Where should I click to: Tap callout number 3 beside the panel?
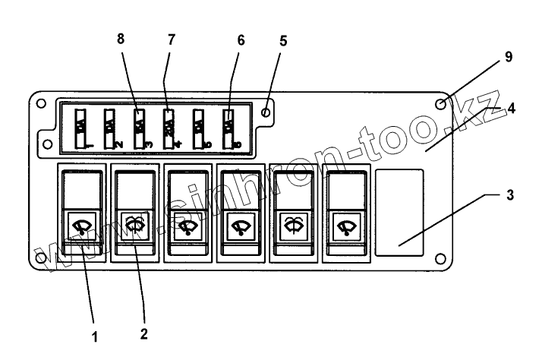512,194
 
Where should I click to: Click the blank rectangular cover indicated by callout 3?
399,210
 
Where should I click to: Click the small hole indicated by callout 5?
265,112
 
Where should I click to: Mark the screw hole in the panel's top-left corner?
40,103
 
